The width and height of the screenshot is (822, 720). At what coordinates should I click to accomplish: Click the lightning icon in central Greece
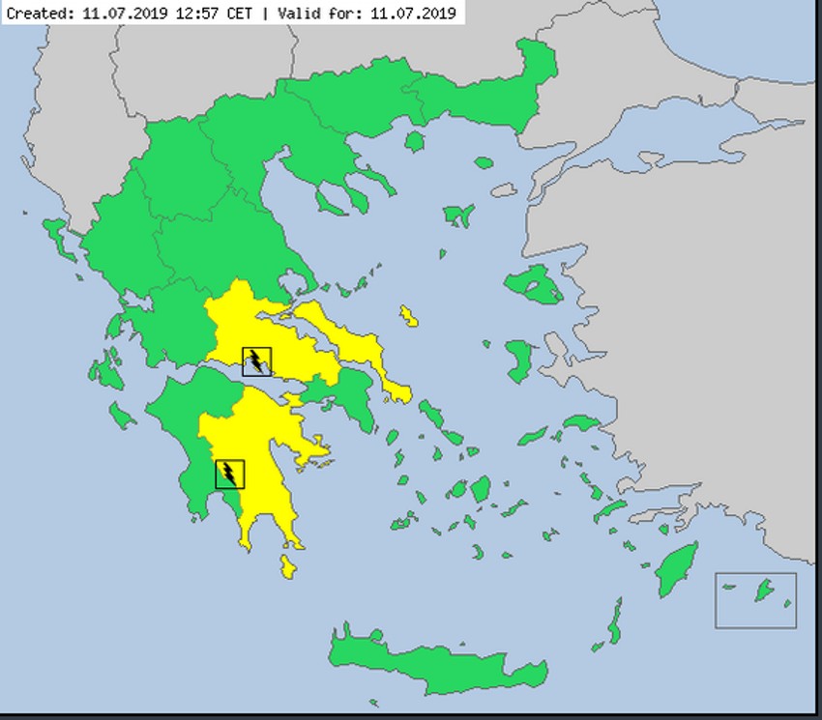[x=256, y=361]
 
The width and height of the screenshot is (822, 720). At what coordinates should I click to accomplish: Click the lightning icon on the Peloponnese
[x=230, y=474]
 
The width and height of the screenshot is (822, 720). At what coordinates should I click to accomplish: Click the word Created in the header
[x=37, y=14]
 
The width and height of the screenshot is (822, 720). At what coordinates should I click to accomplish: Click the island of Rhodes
[x=677, y=569]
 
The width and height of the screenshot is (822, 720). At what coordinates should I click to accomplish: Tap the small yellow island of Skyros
[x=409, y=316]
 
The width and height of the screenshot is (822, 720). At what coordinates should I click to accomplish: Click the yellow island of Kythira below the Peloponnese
[x=287, y=565]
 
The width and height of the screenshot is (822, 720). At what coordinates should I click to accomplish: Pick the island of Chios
[x=519, y=360]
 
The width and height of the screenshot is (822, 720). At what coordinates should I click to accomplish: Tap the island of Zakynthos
[x=122, y=416]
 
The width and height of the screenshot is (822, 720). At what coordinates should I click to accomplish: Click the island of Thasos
[x=415, y=142]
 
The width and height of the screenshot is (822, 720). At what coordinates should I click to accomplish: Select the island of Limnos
[x=456, y=216]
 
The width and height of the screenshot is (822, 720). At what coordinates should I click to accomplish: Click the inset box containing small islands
[x=755, y=599]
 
